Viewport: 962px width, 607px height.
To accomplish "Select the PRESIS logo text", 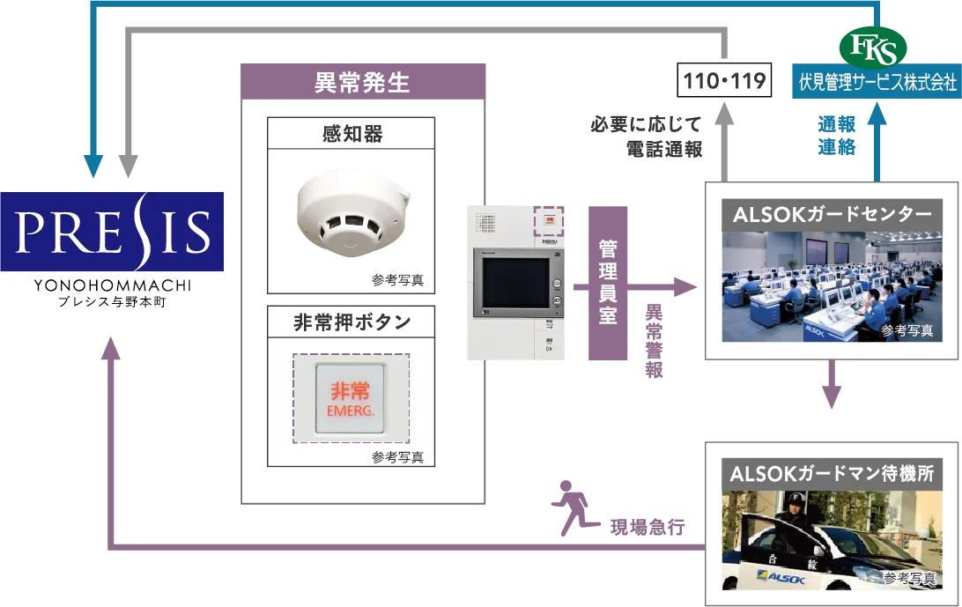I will (113, 230).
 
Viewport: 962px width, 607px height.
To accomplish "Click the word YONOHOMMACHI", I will (113, 285).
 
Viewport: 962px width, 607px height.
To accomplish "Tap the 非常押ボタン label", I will (351, 322).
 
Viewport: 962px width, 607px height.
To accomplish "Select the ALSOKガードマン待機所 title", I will (831, 474).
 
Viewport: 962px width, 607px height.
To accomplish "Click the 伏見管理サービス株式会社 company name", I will (877, 83).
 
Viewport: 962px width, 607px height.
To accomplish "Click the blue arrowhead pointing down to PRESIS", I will (92, 165).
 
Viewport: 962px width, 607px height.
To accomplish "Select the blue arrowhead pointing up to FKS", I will (877, 112).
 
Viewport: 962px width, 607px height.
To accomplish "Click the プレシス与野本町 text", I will (113, 302).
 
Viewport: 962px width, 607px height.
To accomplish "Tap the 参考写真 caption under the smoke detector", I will (397, 280).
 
